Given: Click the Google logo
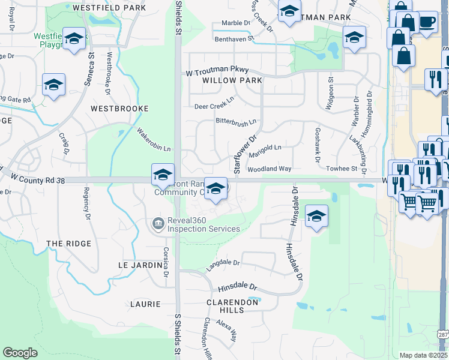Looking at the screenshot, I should tap(20, 353).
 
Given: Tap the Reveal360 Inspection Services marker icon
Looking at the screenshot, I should tap(158, 224).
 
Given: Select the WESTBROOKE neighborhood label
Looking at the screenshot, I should tap(119, 109).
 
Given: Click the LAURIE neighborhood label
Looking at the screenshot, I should tap(145, 304).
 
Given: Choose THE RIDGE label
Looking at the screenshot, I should tap(69, 244).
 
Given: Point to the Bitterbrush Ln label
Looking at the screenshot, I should tap(236, 121).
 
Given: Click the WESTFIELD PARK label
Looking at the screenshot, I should tap(108, 8).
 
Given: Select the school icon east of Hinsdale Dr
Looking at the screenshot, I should tap(316, 215).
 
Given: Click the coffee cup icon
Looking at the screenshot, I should tap(427, 23).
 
